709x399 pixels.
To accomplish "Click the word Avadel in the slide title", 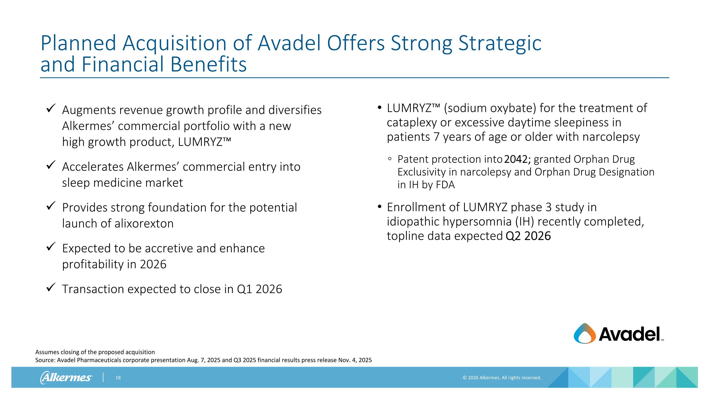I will (289, 43).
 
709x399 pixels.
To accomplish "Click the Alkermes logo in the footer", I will (66, 377).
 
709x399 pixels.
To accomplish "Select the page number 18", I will (118, 377).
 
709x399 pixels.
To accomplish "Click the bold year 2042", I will (517, 159).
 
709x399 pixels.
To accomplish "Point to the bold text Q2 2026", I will (528, 236).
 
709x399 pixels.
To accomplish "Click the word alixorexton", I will (144, 223).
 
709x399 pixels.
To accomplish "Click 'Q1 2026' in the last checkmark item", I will (259, 289).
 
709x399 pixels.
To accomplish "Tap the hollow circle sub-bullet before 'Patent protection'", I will (390, 159).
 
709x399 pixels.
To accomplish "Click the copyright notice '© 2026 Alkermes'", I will (501, 377).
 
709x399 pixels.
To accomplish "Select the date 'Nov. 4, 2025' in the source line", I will (355, 360).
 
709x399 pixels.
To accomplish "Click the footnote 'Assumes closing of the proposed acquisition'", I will (95, 352).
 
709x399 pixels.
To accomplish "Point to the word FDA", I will (445, 185).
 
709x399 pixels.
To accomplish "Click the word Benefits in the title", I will (208, 64).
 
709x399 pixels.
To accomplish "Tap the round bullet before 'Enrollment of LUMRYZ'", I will (380, 206).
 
